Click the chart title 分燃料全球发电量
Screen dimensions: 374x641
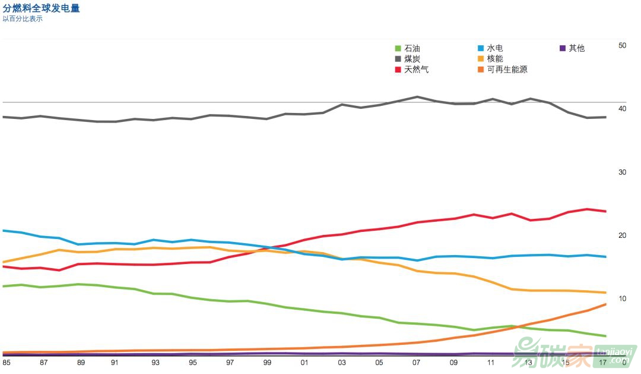(x=42, y=8)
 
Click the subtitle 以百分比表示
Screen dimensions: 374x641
(x=23, y=19)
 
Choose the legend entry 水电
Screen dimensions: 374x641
(x=494, y=48)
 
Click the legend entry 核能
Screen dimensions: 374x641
(x=494, y=59)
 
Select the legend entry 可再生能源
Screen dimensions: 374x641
(x=507, y=70)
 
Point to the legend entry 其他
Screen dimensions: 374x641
(x=576, y=48)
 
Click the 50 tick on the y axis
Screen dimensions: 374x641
(x=622, y=45)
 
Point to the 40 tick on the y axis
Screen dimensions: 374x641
(x=622, y=109)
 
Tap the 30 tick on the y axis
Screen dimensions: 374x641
(x=622, y=172)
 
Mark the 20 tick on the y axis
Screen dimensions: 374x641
(x=622, y=235)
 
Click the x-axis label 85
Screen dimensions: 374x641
(x=7, y=362)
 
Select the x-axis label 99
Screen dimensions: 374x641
(x=267, y=362)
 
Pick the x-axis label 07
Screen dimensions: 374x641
(x=417, y=362)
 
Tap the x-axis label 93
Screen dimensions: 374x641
(x=156, y=362)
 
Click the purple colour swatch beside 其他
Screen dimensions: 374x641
(x=563, y=48)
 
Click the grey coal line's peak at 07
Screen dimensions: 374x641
(x=417, y=96)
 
